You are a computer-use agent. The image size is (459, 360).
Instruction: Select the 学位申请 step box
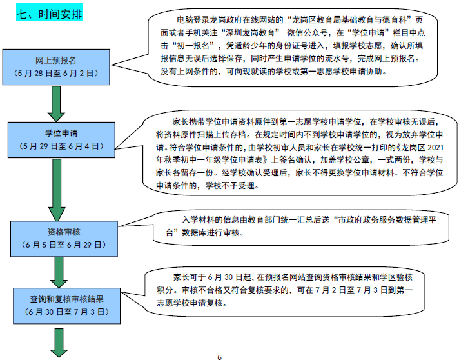click(57, 141)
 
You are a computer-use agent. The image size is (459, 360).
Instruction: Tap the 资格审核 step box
click(57, 239)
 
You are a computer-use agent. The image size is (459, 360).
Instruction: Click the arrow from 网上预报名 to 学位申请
click(55, 103)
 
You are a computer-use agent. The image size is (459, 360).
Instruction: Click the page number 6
click(219, 357)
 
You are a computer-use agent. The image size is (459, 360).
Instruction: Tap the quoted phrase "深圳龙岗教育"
click(252, 30)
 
